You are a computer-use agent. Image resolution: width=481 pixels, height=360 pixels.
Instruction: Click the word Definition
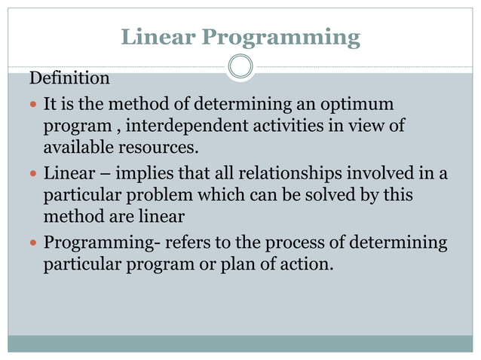[69, 78]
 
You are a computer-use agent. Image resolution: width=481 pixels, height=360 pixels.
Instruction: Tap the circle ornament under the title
[240, 66]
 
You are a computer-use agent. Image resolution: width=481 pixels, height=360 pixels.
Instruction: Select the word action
[307, 265]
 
